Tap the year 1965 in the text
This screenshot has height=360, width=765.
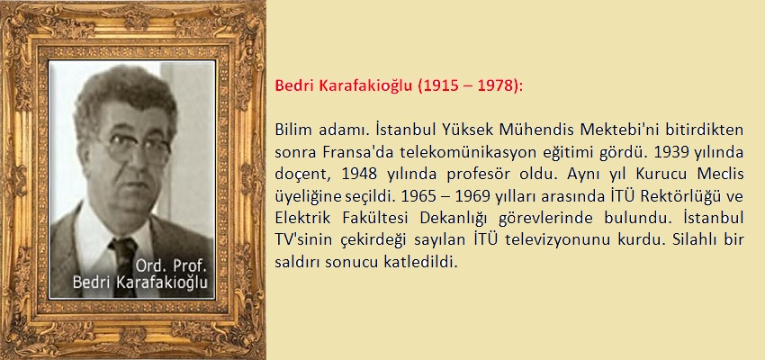click(417, 196)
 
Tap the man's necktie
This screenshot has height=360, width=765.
click(124, 266)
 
